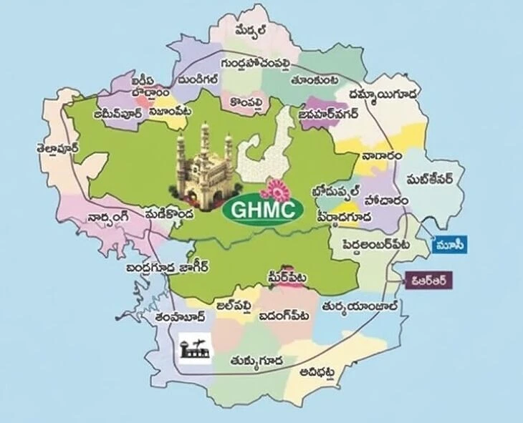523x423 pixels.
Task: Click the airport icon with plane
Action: [193, 348]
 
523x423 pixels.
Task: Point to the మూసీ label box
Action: [451, 245]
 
